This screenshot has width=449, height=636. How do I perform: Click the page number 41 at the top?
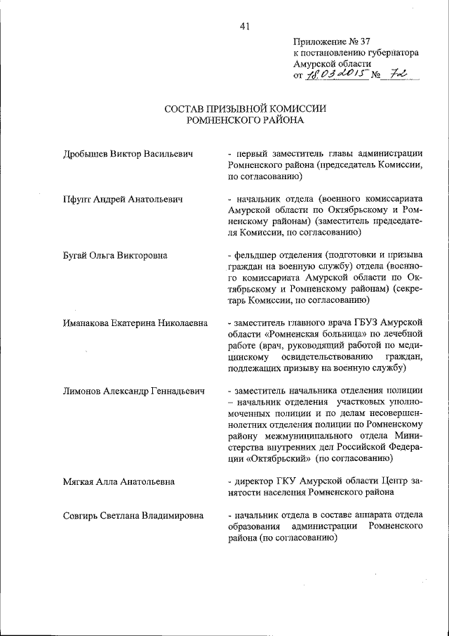click(244, 27)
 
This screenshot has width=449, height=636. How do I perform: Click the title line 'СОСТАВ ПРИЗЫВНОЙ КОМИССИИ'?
click(245, 109)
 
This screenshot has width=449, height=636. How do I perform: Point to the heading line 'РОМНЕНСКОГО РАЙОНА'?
click(245, 120)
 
